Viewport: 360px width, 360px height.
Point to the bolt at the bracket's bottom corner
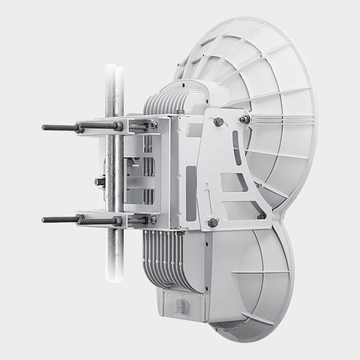pyautogui.click(x=213, y=222)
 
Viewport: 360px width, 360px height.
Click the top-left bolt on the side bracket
pyautogui.click(x=218, y=121)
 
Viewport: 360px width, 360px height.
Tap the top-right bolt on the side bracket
pyautogui.click(x=244, y=119)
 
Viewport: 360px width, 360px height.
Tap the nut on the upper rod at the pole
pyautogui.click(x=118, y=127)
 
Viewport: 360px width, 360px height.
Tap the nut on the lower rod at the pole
pyautogui.click(x=118, y=220)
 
